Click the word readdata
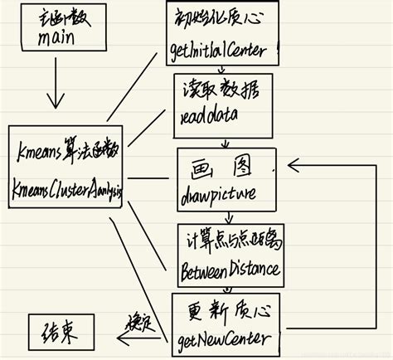(206, 118)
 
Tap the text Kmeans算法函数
(66, 153)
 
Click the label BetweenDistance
(230, 269)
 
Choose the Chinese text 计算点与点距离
(233, 241)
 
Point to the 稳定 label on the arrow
(137, 320)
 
